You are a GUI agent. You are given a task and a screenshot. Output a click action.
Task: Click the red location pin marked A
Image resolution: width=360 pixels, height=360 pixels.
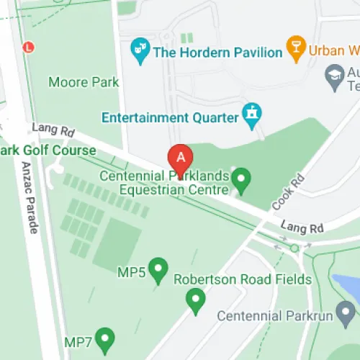180,157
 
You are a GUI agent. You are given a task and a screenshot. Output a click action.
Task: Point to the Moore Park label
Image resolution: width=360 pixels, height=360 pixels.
84,82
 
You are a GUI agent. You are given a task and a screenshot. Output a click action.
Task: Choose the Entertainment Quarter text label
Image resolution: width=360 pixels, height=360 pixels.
170,117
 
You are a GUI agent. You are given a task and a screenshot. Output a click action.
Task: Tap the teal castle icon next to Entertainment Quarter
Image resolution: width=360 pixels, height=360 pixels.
252,114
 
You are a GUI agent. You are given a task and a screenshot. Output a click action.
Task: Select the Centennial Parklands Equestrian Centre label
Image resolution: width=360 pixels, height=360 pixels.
165,183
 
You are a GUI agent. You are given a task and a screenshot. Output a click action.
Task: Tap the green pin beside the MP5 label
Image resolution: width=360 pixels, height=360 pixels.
158,270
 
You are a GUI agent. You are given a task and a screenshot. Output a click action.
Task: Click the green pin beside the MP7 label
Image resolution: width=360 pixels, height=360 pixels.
106,338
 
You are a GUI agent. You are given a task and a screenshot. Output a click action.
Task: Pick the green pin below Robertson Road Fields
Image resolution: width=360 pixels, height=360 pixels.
195,300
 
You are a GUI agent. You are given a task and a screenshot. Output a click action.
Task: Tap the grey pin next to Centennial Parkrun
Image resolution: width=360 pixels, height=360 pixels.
346,312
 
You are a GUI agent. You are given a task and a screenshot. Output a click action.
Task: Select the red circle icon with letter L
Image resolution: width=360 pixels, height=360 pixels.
29,48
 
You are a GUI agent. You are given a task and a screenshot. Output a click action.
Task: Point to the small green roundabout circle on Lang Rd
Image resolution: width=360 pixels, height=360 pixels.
294,248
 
